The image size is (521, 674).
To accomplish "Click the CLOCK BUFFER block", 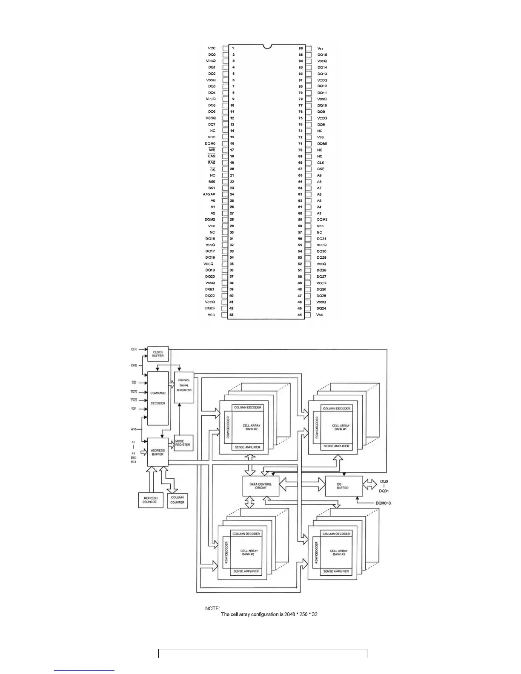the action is (158, 354).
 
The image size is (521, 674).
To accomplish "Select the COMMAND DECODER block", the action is (158, 398).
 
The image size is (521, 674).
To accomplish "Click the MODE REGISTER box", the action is (183, 443).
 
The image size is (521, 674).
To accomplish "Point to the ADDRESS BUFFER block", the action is (157, 452).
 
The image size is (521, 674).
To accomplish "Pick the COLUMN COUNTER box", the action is (177, 500).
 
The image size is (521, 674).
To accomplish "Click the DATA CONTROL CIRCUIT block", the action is (261, 486).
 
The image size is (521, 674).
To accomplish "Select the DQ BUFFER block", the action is (343, 486).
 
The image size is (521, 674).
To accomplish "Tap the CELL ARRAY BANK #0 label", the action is (251, 427).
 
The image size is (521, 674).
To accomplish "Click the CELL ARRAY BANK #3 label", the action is (339, 553).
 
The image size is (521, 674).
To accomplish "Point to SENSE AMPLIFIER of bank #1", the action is (336, 446).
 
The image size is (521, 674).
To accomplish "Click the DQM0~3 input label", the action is (383, 503).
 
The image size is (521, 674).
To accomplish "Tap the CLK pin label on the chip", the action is (321, 163).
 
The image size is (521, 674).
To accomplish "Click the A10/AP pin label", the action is (209, 194).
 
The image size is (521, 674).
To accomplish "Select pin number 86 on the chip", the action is (301, 49).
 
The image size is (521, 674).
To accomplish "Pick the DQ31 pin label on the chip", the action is (322, 239).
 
